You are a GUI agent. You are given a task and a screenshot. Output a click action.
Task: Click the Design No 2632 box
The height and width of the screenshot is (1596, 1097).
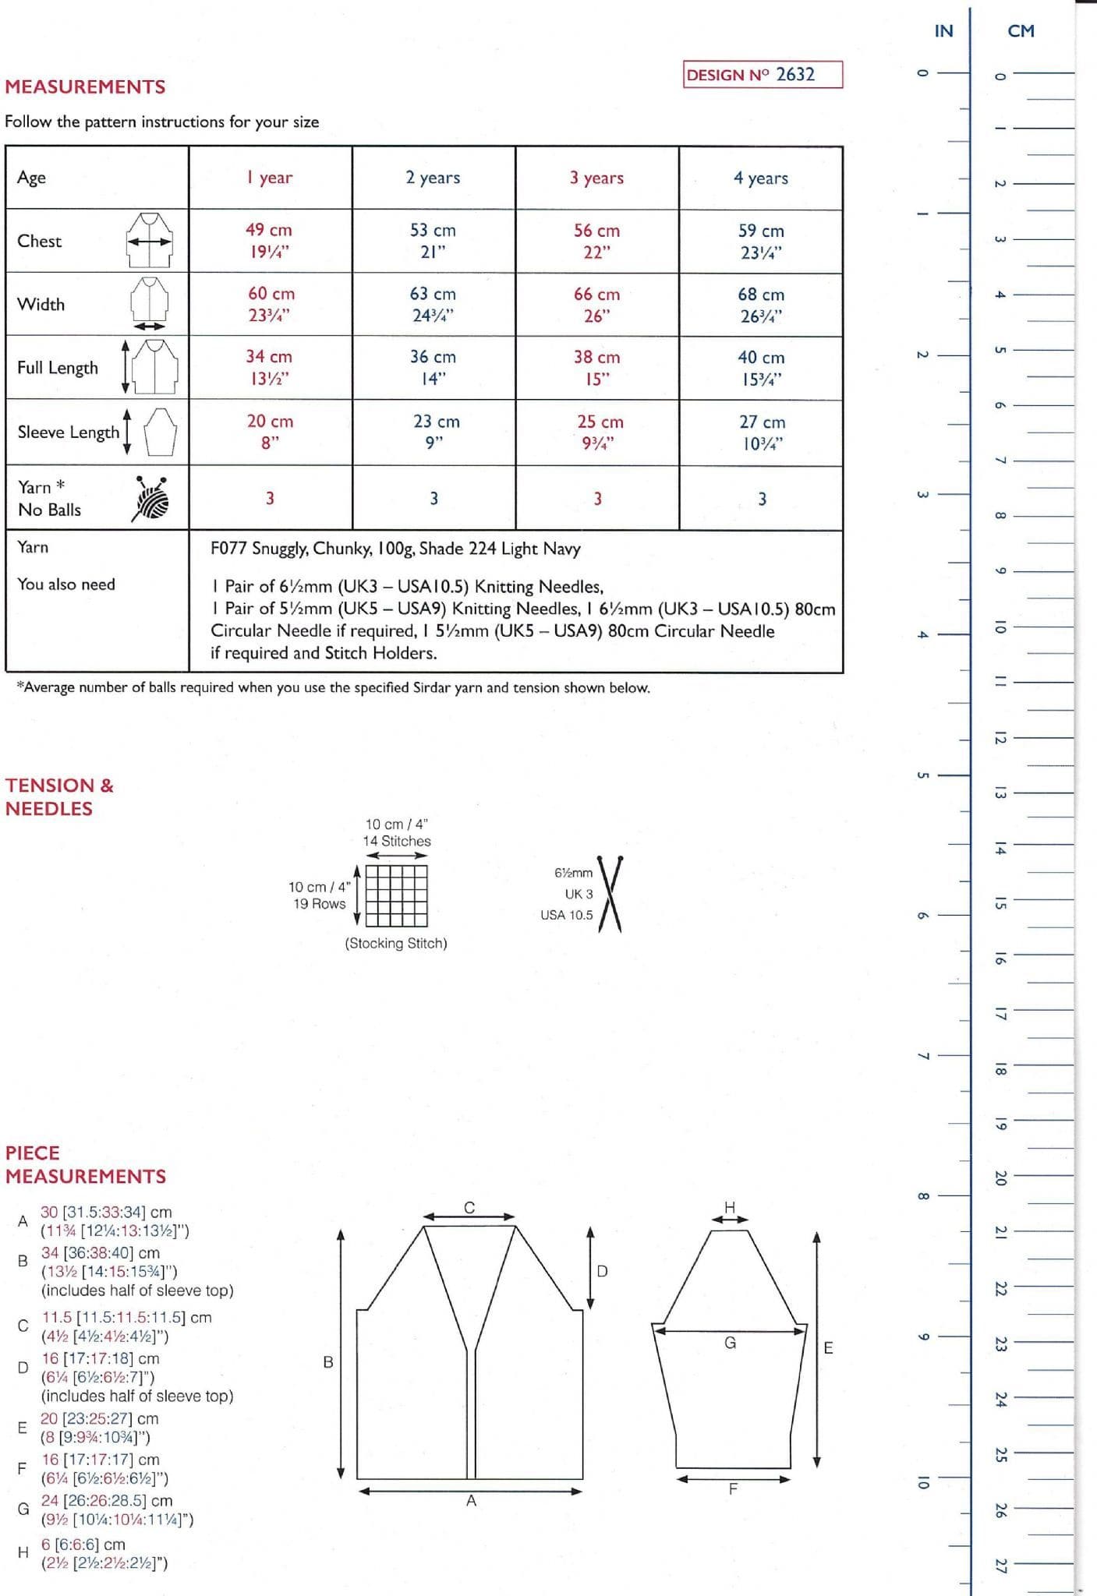point(762,75)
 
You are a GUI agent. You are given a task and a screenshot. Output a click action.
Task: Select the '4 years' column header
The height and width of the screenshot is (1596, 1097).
point(760,178)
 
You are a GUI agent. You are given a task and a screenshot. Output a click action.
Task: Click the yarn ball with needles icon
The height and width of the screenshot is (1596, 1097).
point(150,498)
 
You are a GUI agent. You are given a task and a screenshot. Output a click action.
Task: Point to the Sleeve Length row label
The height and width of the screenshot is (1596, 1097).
point(69,433)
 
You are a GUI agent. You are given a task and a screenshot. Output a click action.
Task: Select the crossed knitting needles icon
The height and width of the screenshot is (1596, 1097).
point(609,894)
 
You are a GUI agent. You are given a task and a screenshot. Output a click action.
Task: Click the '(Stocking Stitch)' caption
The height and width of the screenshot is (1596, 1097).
point(396,943)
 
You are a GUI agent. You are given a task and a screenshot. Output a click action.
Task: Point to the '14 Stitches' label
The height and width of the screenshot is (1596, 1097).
point(396,841)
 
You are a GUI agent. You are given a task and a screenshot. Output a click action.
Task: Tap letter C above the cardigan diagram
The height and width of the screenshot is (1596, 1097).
point(469,1207)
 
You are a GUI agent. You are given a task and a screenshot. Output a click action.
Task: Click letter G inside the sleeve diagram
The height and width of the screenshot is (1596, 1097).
point(730,1343)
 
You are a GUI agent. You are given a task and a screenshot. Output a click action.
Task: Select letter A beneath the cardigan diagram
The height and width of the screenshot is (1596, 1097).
point(471,1500)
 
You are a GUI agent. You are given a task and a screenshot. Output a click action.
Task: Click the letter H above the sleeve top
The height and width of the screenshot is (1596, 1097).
point(730,1207)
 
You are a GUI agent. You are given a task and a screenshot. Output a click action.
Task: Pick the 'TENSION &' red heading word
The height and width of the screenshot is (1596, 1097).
point(59,785)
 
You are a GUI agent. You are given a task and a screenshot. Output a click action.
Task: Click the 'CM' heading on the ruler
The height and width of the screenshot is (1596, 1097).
point(1021,31)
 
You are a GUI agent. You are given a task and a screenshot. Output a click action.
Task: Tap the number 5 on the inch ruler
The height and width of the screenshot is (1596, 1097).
point(922,775)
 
